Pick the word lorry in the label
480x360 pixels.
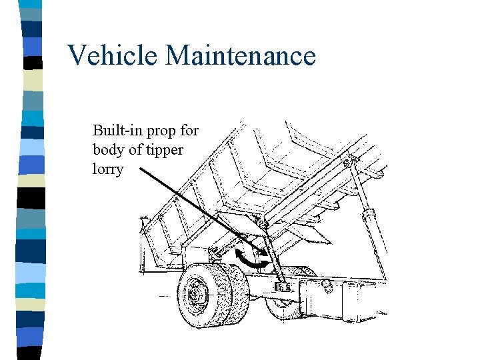pos(108,169)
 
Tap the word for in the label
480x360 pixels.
pos(188,129)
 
